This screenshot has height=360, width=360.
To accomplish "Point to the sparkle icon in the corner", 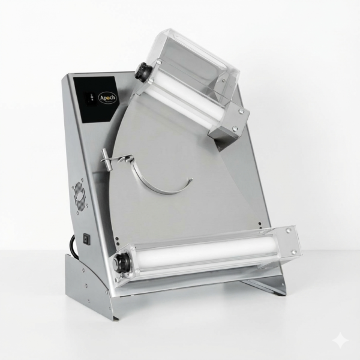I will coord(340,340).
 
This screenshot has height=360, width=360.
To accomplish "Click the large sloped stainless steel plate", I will coord(204,180).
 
